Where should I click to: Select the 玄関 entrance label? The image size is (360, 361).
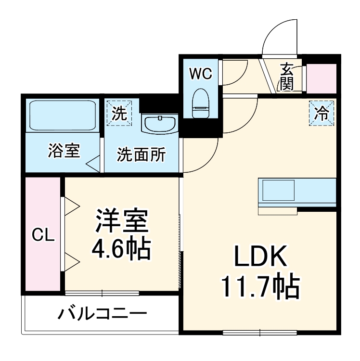287,77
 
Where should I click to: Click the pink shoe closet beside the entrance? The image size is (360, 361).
321,78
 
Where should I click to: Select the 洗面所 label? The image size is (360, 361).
142,155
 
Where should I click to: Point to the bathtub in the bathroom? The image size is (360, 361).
64,115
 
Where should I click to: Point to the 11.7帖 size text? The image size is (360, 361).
260,287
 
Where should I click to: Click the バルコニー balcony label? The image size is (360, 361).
103,315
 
